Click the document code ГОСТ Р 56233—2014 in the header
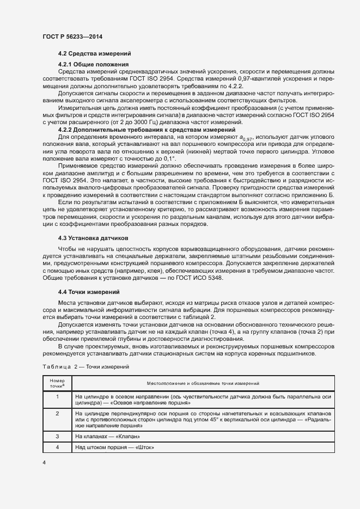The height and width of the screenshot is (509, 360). click(72, 36)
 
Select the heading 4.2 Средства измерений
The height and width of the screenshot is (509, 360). click(94, 53)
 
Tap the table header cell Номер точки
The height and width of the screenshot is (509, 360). click(57, 383)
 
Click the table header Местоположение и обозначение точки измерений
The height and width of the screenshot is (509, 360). click(204, 384)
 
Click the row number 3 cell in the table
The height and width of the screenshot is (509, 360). click(57, 437)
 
